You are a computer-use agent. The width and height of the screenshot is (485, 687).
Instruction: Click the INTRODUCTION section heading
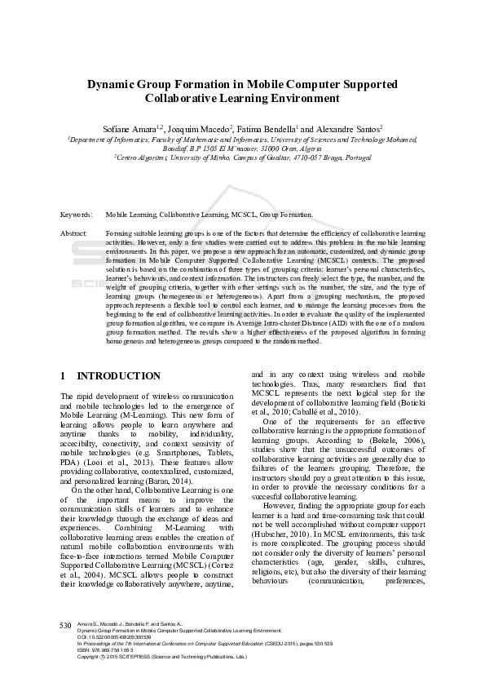[119, 376]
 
